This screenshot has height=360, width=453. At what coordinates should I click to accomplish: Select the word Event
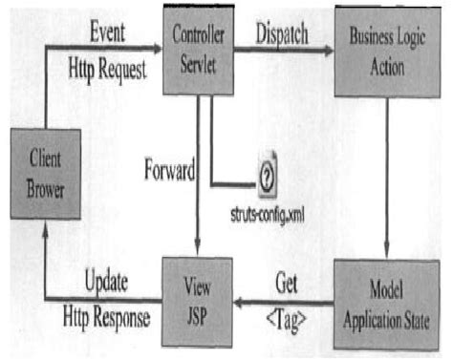[106, 28]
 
